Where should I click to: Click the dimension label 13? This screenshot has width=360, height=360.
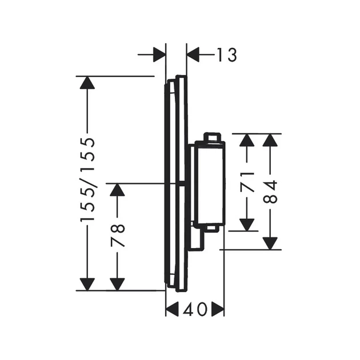(x=227, y=55)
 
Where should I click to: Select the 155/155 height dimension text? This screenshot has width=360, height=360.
(x=87, y=179)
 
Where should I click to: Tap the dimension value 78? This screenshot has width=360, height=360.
(x=118, y=235)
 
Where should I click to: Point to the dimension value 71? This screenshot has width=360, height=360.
(x=247, y=182)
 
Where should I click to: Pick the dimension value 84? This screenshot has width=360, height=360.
(x=270, y=192)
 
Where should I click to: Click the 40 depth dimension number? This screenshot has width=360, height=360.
(x=195, y=309)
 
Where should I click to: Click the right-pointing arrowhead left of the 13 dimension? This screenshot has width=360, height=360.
(x=159, y=55)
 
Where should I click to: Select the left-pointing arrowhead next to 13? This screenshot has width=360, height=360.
(x=193, y=55)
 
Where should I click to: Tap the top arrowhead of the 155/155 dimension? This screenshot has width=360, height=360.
(x=87, y=82)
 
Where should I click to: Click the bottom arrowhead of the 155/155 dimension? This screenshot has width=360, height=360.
(x=87, y=285)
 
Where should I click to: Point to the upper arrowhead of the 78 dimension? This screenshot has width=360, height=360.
(x=117, y=190)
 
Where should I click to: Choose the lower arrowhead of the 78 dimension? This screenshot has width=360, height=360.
(x=117, y=285)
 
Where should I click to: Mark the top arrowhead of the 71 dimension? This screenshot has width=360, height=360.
(x=247, y=140)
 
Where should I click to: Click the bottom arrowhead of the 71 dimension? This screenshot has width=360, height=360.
(x=247, y=225)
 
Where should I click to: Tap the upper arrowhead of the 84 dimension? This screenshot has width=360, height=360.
(x=270, y=140)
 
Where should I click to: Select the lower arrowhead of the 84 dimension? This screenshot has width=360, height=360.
(x=270, y=243)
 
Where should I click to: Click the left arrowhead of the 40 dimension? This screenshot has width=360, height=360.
(x=172, y=309)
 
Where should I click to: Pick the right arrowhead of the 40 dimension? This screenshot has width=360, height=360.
(x=218, y=309)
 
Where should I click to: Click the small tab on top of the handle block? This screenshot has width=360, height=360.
(x=213, y=137)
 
